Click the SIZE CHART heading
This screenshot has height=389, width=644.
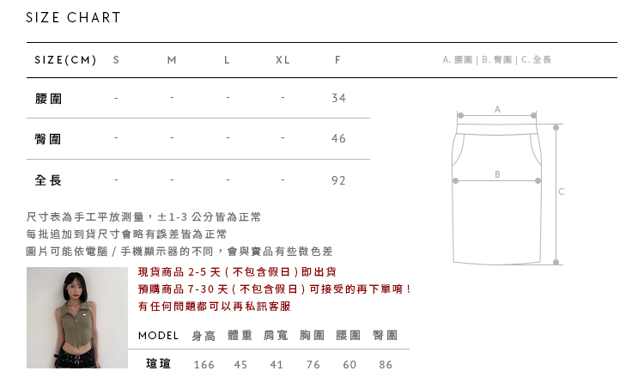pos(74,18)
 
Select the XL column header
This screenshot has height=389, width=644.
pos(283,60)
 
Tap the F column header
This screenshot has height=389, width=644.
pos(338,60)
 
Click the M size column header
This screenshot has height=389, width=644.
pos(172,60)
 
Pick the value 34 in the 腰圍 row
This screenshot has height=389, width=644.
pos(338,99)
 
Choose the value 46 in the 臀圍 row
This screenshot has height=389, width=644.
pos(338,139)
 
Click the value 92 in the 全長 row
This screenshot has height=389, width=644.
pos(338,180)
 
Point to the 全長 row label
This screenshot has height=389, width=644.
pos(48,180)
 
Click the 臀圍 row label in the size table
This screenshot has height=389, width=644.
pos(48,139)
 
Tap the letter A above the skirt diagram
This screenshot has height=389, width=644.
pos(497,109)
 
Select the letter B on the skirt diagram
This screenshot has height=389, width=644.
pos(497,174)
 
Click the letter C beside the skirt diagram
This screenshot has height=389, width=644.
pos(562,191)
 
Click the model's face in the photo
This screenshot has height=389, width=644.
pos(76,288)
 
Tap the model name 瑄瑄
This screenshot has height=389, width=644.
pos(159,364)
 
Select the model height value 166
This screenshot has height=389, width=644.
pos(204,365)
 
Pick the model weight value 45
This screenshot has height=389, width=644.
pos(240,365)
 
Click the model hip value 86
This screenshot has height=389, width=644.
pos(386,365)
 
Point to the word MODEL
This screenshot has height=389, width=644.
pos(159,335)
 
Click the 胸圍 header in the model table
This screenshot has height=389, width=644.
pos(313,335)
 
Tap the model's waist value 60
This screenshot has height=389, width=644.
pos(349,365)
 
